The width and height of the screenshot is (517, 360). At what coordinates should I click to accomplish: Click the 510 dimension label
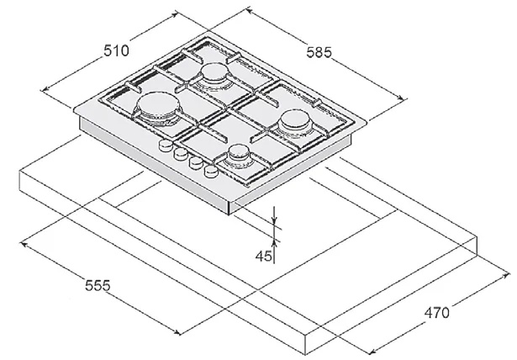click(116, 51)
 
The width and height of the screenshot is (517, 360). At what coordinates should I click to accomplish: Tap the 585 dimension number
click(319, 52)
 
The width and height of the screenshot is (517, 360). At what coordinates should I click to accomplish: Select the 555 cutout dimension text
click(98, 285)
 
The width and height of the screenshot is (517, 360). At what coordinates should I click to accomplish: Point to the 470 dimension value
click(436, 313)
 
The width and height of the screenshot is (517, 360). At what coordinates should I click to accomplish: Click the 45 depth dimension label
click(263, 256)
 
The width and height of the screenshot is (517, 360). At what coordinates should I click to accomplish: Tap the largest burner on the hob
click(157, 108)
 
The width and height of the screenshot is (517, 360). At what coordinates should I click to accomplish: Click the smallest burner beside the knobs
click(238, 155)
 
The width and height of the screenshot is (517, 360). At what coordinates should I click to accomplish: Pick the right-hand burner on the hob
click(295, 124)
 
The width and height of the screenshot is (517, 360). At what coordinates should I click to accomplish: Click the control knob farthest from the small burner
click(166, 146)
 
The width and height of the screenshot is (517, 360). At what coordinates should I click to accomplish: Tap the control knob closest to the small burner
click(211, 171)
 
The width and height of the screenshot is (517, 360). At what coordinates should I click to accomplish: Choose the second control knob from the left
click(181, 154)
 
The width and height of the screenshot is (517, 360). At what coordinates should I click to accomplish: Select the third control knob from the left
click(196, 162)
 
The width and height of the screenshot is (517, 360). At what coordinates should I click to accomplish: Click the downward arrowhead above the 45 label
click(275, 220)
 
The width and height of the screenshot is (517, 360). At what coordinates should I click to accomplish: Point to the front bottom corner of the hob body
click(229, 214)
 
